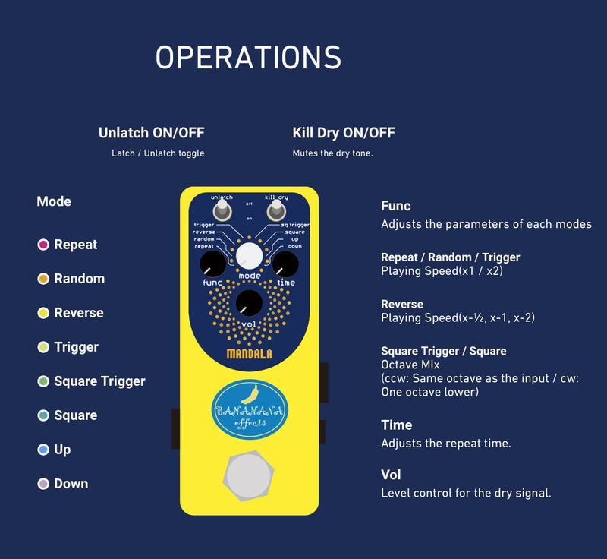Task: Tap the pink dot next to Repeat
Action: pos(43,245)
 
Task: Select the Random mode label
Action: pos(79,279)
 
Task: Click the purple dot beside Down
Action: pos(43,484)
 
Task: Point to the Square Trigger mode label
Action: pos(99,381)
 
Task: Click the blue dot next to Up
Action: pos(43,450)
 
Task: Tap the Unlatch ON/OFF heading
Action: pos(151,133)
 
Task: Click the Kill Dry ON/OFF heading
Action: pos(344,133)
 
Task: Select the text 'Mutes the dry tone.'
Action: pos(333,153)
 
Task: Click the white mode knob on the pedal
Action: pos(249,257)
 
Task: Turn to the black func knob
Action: pos(213,265)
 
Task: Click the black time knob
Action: pos(285,265)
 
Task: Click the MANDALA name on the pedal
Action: pos(249,353)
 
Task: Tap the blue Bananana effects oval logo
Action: pos(250,409)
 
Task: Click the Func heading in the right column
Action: pos(395,206)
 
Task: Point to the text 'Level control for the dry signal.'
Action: pos(466,493)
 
